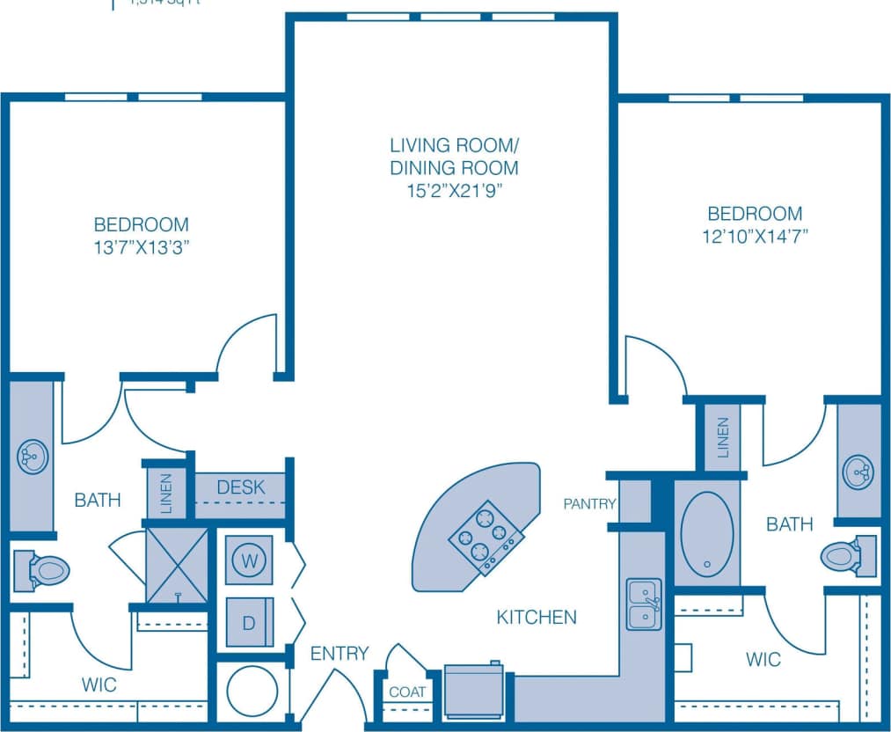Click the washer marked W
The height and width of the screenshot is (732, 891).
pos(248,560)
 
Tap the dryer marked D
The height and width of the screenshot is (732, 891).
pos(249,622)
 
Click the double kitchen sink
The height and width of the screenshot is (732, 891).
pos(644,604)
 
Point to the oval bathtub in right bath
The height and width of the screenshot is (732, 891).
pos(707,534)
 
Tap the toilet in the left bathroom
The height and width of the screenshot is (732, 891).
pos(42,570)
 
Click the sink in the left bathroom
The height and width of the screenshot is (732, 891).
pos(32,455)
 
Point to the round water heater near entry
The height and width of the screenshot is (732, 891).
pos(252,690)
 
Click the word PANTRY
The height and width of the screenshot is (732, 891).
pos(590,504)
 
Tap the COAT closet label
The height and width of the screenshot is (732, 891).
pos(407,692)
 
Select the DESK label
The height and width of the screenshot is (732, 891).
pos(241,487)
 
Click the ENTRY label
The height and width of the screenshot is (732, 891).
pos(339,654)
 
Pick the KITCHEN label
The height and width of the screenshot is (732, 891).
pos(537,617)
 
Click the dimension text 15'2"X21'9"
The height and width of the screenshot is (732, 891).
pos(454,189)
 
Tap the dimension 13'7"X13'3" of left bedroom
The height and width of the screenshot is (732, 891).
pos(142,247)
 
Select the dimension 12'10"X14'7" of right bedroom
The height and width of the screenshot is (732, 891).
pos(756,235)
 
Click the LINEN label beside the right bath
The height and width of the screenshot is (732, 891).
pos(722,437)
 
